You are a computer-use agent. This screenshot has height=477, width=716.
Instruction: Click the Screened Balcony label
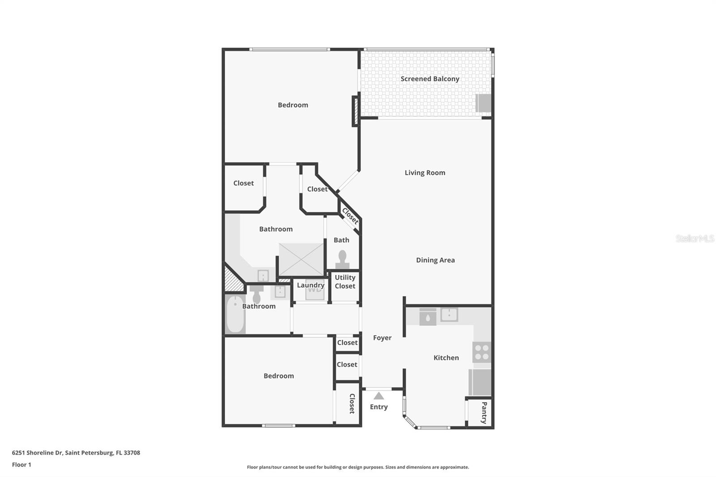[430, 79]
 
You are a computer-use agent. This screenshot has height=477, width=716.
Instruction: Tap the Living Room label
[425, 173]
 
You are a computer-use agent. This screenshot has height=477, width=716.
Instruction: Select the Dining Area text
[435, 260]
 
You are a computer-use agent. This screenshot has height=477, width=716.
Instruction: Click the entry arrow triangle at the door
[379, 396]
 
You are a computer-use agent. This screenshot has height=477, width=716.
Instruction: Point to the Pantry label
[484, 413]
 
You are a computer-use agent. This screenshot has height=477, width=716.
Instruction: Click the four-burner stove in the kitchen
[482, 352]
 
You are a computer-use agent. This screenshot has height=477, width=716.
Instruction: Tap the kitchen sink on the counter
[449, 315]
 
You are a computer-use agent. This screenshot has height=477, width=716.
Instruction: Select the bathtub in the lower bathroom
[234, 314]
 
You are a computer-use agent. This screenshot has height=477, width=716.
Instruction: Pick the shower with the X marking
[301, 260]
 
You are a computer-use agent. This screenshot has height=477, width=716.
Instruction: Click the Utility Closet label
[345, 282]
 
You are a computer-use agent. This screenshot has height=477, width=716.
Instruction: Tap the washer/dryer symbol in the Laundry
[315, 291]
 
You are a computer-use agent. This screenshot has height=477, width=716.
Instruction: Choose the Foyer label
[382, 338]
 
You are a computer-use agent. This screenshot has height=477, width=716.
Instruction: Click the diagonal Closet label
[350, 216]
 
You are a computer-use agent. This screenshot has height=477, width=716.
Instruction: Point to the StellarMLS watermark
[695, 238]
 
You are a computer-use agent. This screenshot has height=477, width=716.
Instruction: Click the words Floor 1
[21, 464]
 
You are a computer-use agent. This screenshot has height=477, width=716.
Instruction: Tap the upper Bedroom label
[293, 105]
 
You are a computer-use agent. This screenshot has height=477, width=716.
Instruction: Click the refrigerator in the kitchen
[480, 382]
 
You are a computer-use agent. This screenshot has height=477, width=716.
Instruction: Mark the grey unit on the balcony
[483, 103]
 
